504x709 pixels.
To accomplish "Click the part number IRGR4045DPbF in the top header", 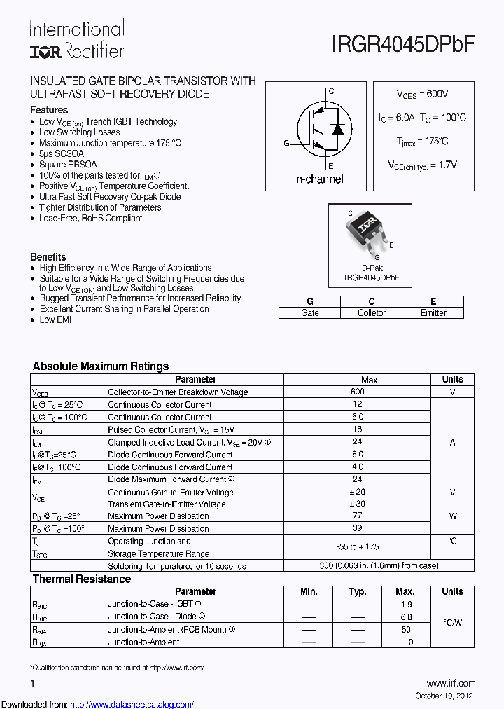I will point(403,44).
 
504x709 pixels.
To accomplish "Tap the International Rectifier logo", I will point(76,39).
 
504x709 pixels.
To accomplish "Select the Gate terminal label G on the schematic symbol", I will point(286,143).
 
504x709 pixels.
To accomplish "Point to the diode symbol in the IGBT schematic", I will point(337,129).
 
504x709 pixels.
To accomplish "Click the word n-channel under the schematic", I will point(319,179).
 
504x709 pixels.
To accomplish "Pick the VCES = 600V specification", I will point(422,94).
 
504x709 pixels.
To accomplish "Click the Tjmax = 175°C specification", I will point(422,141).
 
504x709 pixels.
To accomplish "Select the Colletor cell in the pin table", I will point(371,313).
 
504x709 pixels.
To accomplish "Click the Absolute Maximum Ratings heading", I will point(101,366).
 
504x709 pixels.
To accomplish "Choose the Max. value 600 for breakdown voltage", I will point(357,392).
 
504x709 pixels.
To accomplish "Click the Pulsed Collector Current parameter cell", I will point(171,429).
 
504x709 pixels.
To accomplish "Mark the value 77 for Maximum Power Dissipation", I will point(357,516).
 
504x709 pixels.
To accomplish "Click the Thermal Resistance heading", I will point(82,579).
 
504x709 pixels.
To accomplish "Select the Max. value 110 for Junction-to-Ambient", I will point(406,642).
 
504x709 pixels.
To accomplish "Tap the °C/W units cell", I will point(453,623).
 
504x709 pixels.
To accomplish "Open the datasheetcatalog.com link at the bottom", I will point(132,704).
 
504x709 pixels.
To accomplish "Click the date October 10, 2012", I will point(444,696).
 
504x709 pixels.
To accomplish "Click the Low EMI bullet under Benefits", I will point(55,319).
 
